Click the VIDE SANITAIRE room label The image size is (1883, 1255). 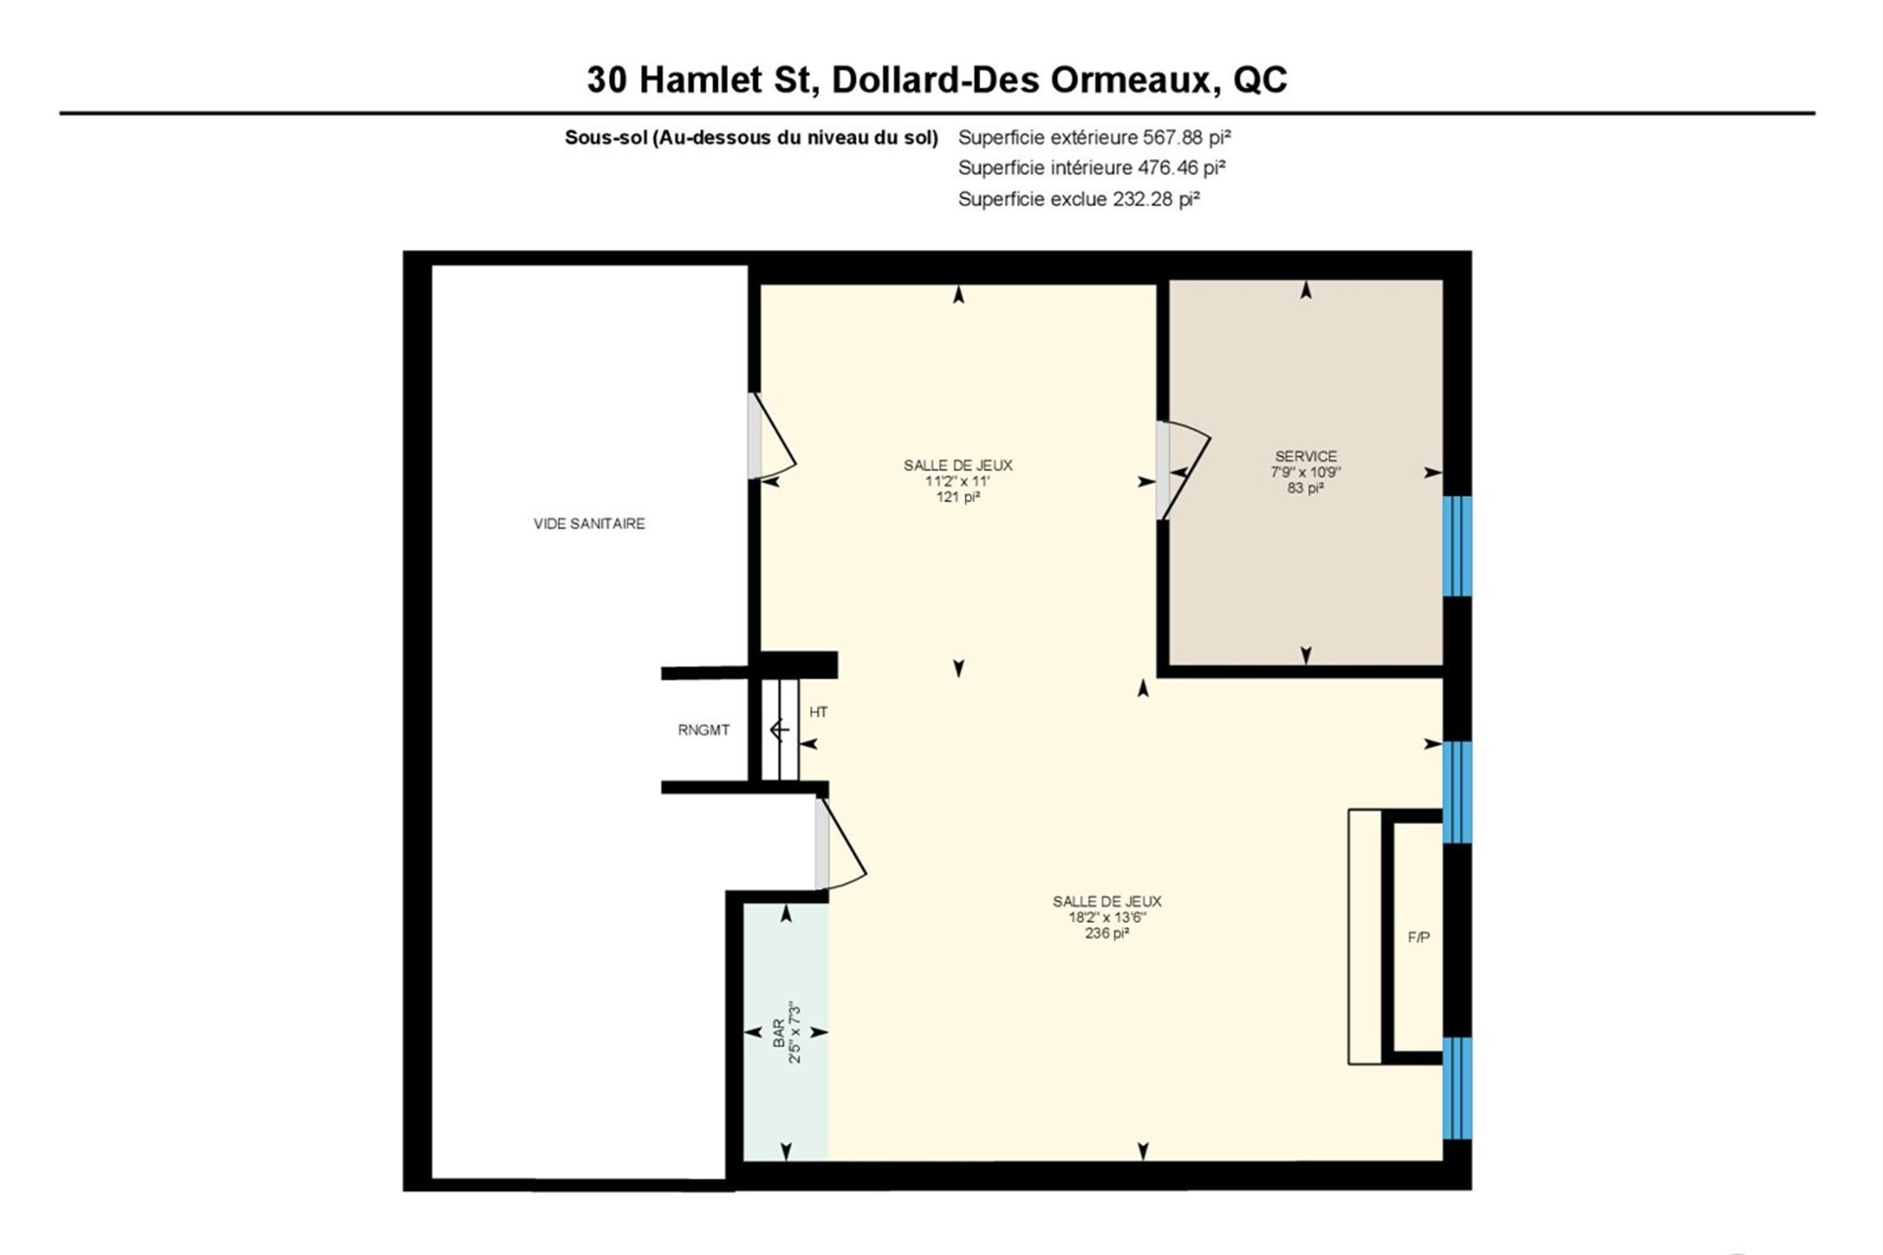pos(589,524)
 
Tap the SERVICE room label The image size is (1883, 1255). pos(1305,456)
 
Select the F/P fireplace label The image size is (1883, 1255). pos(1418,937)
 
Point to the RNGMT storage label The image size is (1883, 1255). pos(703,730)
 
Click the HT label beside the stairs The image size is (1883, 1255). pos(818,712)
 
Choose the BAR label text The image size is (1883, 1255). pos(779,1032)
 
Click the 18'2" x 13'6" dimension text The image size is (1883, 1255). pos(1106,918)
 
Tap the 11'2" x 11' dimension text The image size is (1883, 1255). pos(957,481)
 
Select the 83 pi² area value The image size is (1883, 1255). pos(1305,487)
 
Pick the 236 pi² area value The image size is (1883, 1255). pos(1106,933)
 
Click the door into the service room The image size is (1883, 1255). pos(1183,471)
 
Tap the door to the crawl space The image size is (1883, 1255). pos(771,436)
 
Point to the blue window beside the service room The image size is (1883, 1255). pos(1457,546)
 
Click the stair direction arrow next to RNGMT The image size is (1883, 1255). pos(780,730)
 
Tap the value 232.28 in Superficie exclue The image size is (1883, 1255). pos(1143,199)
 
